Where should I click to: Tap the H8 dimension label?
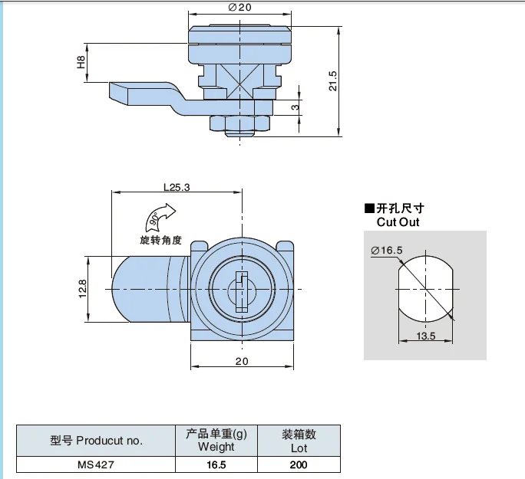point(81,61)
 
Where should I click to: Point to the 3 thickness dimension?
point(295,107)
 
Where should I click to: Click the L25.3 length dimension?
point(177,185)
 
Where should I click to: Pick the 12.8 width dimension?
point(83,289)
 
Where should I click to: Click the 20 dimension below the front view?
point(242,361)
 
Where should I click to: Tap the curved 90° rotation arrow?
point(161,216)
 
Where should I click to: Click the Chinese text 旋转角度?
point(160,240)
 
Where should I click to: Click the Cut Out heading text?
point(398,222)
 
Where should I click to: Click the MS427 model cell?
point(96,464)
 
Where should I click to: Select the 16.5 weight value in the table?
point(216,464)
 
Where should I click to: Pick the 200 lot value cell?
point(299,464)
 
